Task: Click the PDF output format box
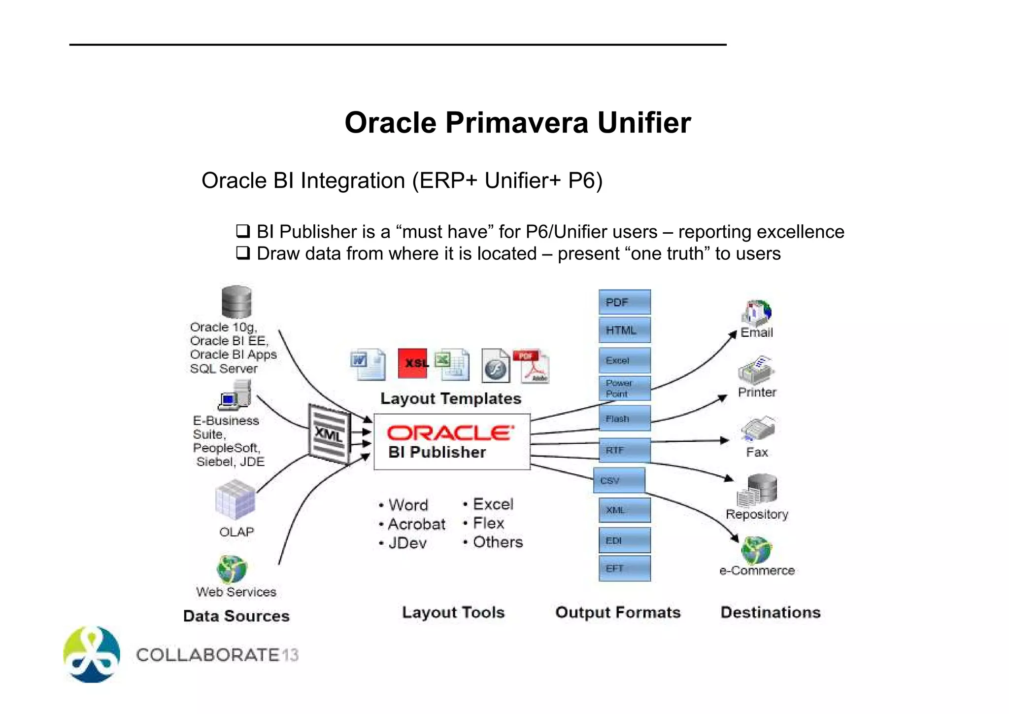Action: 624,302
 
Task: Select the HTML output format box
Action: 624,330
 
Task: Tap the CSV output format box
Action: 619,480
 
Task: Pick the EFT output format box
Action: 624,568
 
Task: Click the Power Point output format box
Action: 624,388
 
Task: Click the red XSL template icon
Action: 412,363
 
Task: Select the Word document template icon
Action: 368,364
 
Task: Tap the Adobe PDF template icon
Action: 532,366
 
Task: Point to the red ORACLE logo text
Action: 450,433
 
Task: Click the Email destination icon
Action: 757,313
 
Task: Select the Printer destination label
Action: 757,392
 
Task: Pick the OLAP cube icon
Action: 235,500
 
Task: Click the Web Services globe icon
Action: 232,569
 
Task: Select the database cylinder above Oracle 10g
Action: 236,302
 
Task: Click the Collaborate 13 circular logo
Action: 92,654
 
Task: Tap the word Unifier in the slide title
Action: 644,122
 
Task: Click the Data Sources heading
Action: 236,616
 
